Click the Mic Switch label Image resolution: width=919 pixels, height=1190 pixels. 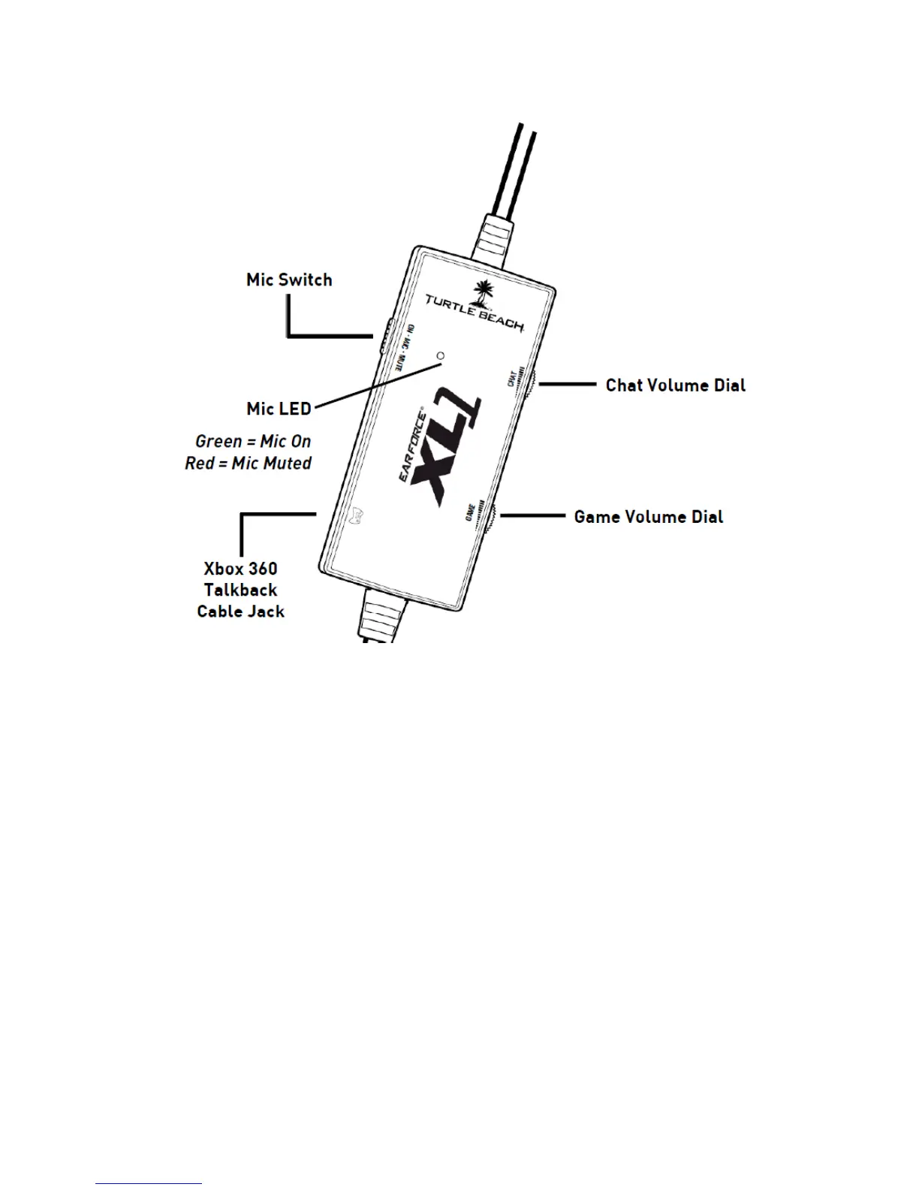pyautogui.click(x=289, y=280)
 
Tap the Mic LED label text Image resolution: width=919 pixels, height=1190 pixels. pyautogui.click(x=279, y=409)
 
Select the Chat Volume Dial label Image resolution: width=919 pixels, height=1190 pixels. pyautogui.click(x=675, y=385)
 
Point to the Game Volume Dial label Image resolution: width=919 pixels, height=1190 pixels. pyautogui.click(x=648, y=517)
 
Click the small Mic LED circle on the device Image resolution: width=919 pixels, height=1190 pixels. pyautogui.click(x=441, y=355)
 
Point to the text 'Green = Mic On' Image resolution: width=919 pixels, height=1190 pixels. pyautogui.click(x=253, y=442)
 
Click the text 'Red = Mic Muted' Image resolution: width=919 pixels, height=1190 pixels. pyautogui.click(x=248, y=464)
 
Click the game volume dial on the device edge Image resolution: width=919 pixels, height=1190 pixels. pyautogui.click(x=490, y=517)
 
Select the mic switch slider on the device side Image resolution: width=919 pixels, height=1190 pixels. pyautogui.click(x=384, y=336)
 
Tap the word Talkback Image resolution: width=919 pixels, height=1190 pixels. pyautogui.click(x=240, y=590)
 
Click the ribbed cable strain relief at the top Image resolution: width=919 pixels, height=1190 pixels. pyautogui.click(x=501, y=237)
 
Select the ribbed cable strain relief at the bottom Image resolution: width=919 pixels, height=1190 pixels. pyautogui.click(x=383, y=615)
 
